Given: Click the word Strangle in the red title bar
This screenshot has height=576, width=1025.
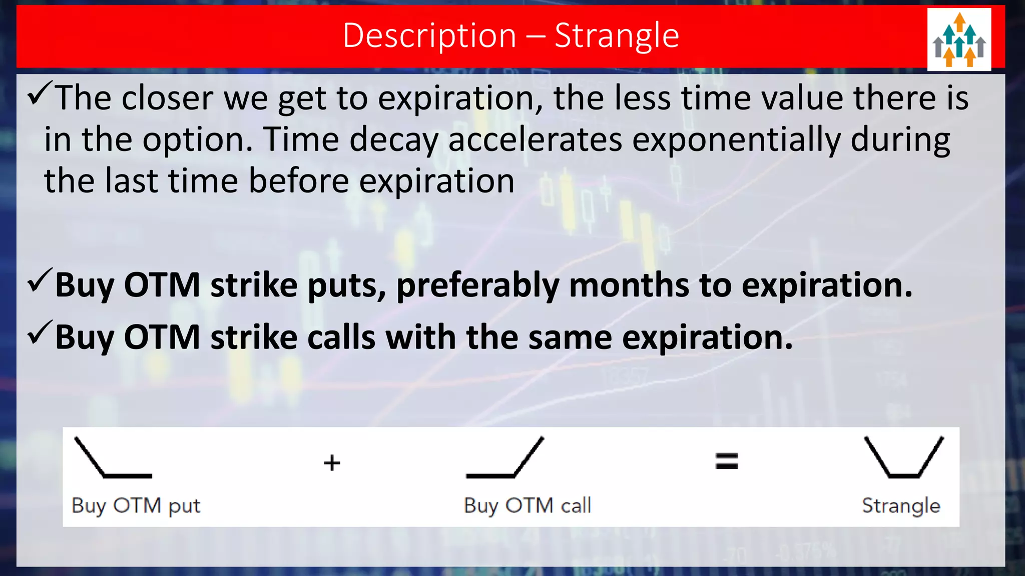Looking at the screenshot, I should (x=617, y=36).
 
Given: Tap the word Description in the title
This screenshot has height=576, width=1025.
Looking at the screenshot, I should (x=429, y=36).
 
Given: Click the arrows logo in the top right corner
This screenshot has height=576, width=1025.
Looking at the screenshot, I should (x=959, y=40).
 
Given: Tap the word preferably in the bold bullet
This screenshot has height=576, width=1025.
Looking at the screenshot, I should (x=477, y=286).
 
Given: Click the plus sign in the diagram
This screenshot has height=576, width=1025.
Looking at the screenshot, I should (x=332, y=462).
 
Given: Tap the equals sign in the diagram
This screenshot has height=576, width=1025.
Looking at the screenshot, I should (x=726, y=460).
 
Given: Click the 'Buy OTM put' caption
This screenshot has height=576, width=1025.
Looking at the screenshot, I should (x=136, y=505).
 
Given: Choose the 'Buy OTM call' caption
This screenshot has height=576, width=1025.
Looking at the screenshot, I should (x=528, y=505).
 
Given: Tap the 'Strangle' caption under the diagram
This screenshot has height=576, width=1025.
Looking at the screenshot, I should (x=901, y=505).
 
